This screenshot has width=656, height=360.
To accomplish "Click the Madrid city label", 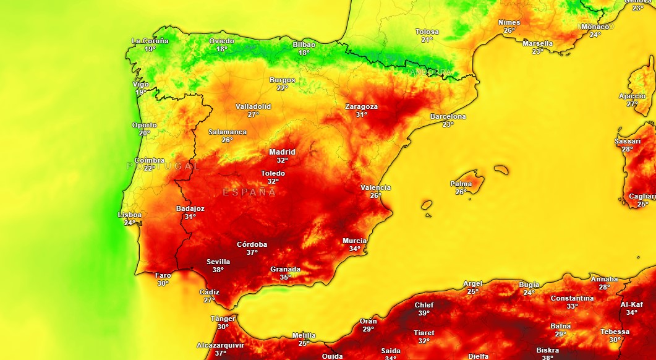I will click(282, 152).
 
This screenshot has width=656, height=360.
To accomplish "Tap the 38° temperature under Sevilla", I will click(218, 270).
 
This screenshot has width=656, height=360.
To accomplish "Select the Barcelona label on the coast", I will click(448, 116).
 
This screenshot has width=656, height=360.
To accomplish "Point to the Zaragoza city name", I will click(361, 106).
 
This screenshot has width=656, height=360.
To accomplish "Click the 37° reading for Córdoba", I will click(252, 252).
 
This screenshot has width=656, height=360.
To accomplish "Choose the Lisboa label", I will click(130, 215).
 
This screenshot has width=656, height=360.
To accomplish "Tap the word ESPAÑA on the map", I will click(249, 192).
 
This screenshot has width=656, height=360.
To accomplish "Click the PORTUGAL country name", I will click(163, 166).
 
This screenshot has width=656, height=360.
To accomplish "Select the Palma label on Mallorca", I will click(461, 184).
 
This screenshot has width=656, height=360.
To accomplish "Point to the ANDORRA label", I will click(431, 72).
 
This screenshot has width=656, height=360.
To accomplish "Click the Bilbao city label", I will click(304, 45).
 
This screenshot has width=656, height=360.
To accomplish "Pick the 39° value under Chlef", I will click(424, 313).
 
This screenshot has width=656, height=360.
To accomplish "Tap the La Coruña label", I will click(150, 41).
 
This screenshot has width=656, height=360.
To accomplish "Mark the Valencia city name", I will click(376, 187).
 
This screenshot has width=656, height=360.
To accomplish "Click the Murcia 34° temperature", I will click(354, 249).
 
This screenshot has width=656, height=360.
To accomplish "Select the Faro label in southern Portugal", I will click(163, 275).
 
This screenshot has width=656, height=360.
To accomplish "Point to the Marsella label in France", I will click(537, 43).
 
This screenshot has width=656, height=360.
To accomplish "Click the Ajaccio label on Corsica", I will click(632, 96).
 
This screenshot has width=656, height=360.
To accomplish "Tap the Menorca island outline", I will click(501, 169).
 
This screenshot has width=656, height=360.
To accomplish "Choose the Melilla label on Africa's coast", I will click(304, 335).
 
